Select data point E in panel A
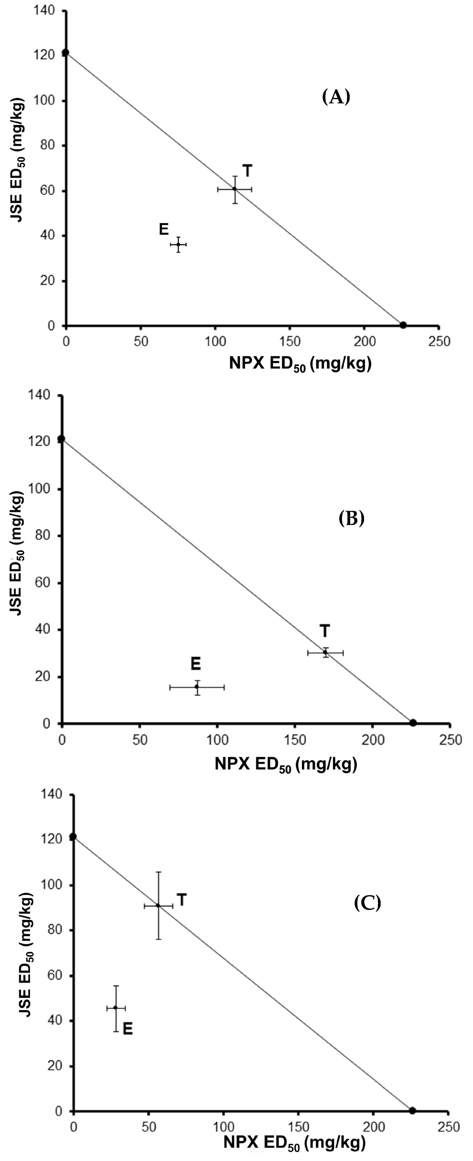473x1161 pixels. (x=178, y=244)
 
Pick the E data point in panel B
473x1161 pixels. (x=197, y=687)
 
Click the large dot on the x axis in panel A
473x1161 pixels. (x=403, y=325)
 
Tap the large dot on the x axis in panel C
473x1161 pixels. (x=412, y=1110)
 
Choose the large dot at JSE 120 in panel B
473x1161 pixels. (x=61, y=438)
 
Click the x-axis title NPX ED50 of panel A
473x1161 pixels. (x=300, y=363)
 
